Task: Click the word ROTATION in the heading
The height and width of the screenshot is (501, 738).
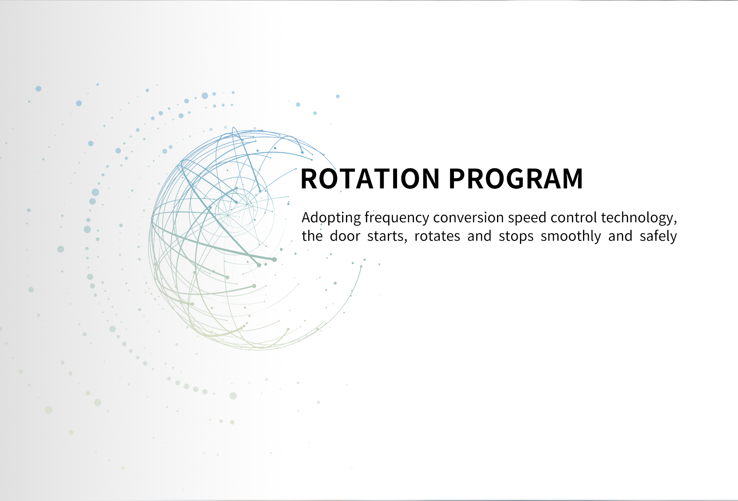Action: (370, 179)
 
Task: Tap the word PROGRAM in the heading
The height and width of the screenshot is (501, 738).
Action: (516, 179)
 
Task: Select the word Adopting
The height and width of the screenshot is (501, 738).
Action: (331, 218)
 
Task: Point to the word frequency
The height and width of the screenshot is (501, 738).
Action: (397, 218)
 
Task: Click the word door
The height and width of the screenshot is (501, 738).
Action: (345, 236)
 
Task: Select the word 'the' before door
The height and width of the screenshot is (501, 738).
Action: (312, 236)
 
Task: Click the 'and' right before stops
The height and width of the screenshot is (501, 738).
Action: (479, 236)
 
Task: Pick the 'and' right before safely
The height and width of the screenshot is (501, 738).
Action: (620, 236)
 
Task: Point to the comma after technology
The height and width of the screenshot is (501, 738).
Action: (675, 223)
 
